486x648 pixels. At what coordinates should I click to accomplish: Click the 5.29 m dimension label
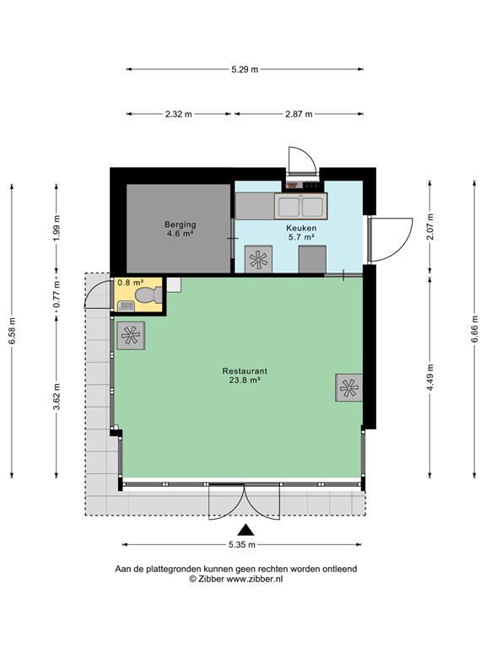point(245,69)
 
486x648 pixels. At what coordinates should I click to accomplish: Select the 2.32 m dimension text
point(179,114)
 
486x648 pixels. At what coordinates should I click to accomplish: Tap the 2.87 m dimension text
point(299,114)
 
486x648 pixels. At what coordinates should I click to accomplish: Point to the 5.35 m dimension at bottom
point(242,545)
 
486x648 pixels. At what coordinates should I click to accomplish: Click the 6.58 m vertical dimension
point(12,331)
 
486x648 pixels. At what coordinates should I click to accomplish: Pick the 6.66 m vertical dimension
point(474,329)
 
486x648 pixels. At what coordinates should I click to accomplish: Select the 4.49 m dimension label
point(430,378)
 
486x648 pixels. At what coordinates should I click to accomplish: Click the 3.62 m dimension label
point(57,397)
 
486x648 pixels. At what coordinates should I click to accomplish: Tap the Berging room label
point(181,224)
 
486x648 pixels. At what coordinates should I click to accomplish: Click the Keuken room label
point(302,228)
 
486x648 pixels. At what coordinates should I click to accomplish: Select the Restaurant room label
point(245,371)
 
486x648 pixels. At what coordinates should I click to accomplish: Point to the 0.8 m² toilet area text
point(131,283)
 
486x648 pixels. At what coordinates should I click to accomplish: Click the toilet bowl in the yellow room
point(148,295)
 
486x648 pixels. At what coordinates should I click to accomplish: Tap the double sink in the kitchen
point(301,206)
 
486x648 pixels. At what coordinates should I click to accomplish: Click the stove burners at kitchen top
point(303,185)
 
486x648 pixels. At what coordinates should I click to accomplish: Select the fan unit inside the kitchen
point(258,259)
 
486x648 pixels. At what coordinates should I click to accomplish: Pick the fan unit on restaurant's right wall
point(348,387)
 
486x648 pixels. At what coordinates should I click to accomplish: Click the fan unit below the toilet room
point(131,336)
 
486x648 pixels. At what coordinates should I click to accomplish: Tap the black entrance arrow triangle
point(246,530)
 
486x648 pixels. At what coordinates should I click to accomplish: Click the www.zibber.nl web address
point(255,579)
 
